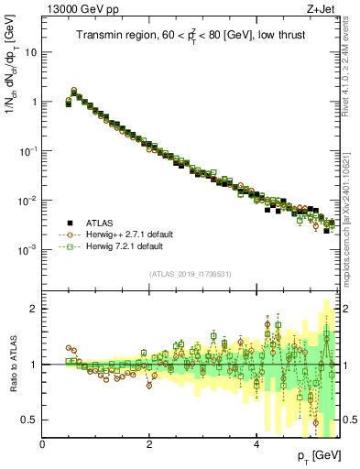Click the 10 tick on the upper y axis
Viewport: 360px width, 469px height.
tap(30, 52)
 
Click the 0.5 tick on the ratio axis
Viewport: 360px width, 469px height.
tap(31, 420)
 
